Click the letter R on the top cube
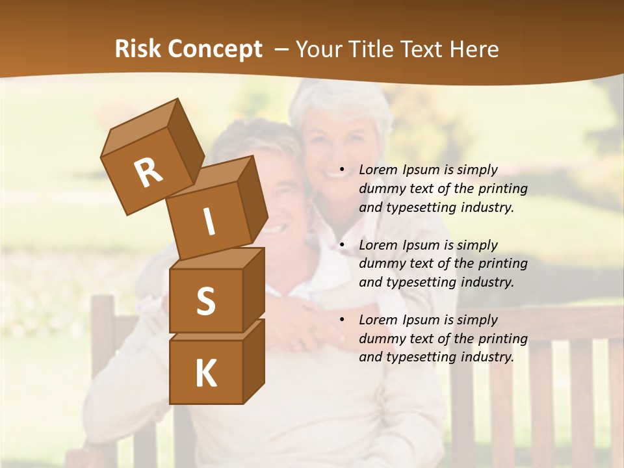(x=148, y=172)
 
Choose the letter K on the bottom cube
(x=205, y=374)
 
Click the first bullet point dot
(x=342, y=170)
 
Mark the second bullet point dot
(x=342, y=246)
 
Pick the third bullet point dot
(x=342, y=320)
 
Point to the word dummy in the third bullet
(x=380, y=339)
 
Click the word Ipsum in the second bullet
(x=421, y=245)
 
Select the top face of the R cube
(x=139, y=128)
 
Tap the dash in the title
(x=282, y=49)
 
